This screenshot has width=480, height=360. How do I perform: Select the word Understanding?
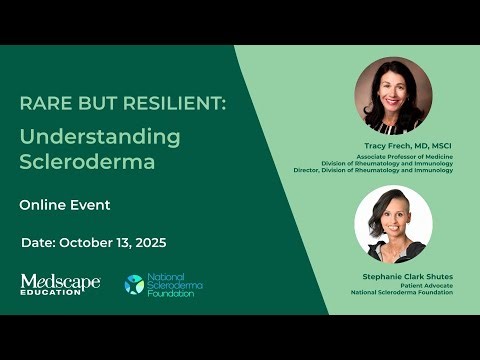coord(100,136)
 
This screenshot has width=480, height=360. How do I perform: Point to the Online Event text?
coord(65,205)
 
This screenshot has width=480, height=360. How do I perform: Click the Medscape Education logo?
coord(60,285)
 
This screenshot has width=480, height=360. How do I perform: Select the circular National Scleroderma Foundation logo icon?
coord(133,285)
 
